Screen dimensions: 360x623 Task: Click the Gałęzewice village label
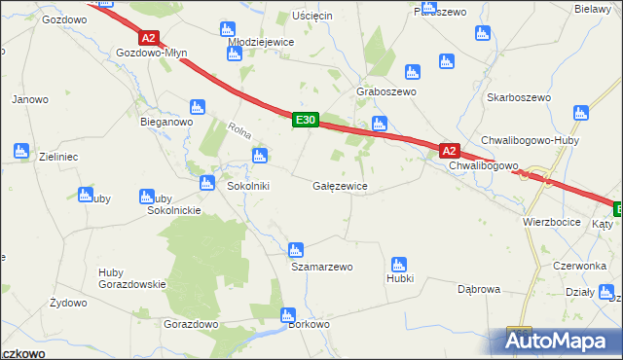point(340,185)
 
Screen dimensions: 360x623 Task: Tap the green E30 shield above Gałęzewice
point(306,120)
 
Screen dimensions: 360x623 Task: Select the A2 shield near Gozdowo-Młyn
point(148,38)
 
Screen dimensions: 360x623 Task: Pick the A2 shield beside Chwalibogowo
point(449,151)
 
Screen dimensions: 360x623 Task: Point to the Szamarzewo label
point(321,267)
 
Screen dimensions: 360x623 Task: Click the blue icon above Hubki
point(397,264)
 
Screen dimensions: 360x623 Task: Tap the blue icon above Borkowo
point(288,315)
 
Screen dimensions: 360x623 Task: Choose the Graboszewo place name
point(386,91)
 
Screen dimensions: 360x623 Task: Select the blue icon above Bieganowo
point(196,106)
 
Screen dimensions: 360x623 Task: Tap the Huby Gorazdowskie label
point(132,278)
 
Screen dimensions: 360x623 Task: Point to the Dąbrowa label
point(479,289)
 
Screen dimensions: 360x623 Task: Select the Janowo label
point(30,99)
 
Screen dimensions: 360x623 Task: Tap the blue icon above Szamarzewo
point(297,250)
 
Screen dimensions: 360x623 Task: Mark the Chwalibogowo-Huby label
point(523,140)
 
